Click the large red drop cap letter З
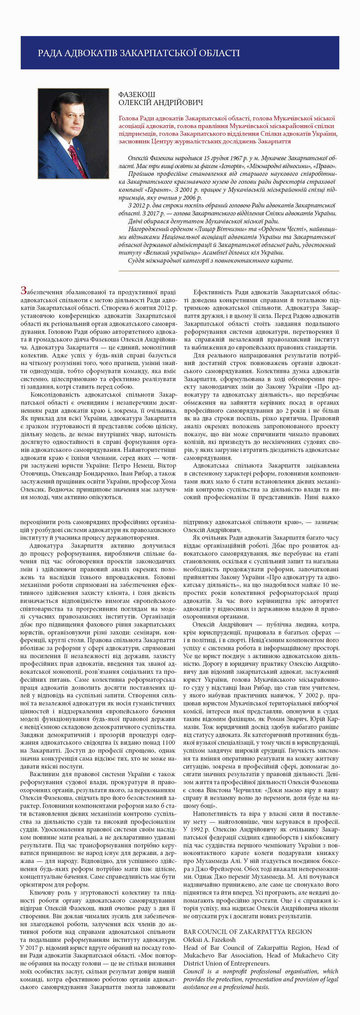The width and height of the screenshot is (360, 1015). (24, 291)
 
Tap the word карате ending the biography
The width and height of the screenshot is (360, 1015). (283, 260)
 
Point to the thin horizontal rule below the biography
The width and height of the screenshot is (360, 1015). (229, 271)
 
